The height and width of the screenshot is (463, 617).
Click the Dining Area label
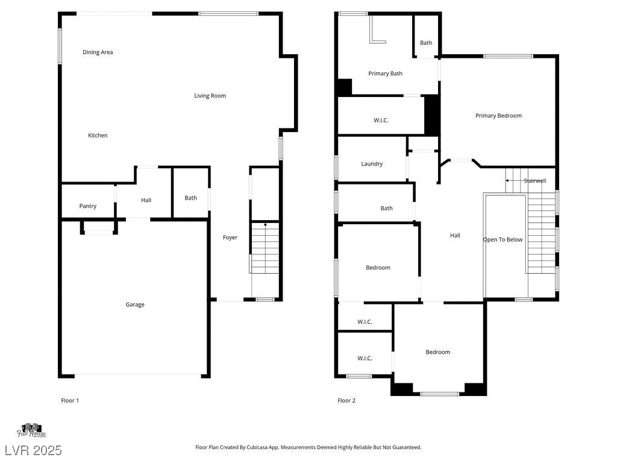98,52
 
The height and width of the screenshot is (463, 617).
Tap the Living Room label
210,96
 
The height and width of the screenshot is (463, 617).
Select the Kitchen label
98,136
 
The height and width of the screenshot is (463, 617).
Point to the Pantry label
88,206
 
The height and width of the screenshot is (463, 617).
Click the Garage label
135,304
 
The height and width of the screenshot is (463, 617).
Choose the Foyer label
230,238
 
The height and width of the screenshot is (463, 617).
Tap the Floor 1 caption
70,400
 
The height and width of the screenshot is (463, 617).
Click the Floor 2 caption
346,400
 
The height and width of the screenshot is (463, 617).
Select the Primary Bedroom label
498,116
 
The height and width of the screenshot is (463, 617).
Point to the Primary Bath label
385,74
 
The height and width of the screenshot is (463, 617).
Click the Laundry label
372,164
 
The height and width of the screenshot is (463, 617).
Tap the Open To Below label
503,240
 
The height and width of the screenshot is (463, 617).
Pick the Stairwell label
535,181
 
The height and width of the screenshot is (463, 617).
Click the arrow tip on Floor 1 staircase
265,224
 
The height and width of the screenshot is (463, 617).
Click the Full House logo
31,430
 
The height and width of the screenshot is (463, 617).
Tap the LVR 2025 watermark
33,450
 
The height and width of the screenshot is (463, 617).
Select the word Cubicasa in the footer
257,447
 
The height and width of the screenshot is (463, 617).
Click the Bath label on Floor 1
191,198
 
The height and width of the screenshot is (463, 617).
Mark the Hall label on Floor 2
456,236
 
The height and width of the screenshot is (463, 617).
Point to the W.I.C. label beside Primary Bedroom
381,121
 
